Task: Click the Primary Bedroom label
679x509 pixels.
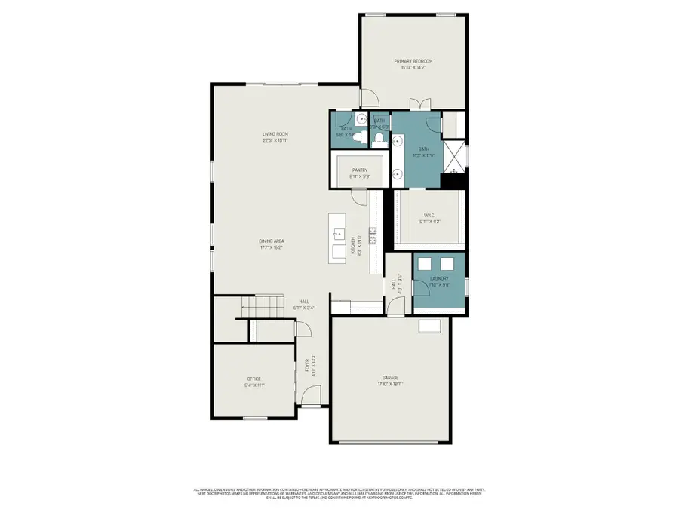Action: [x=413, y=61]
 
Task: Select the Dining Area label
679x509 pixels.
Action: [x=271, y=241]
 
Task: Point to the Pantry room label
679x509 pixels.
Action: [x=359, y=170]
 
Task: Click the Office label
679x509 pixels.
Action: [x=253, y=381]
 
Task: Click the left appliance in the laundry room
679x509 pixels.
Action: [x=427, y=262]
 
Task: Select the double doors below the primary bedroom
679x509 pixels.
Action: [x=419, y=104]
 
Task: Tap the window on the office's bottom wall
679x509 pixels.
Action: [x=255, y=418]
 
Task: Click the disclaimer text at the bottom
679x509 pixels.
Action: [x=339, y=492]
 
